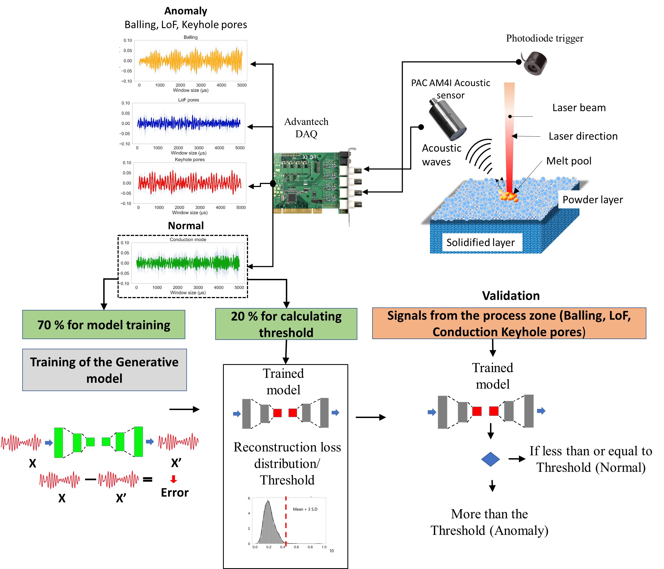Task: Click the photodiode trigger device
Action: point(535,63)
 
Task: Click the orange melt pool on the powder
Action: point(509,196)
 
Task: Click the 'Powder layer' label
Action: point(592,199)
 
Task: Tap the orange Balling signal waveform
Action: point(191,61)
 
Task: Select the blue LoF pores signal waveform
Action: point(189,123)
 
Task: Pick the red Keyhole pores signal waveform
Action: point(190,183)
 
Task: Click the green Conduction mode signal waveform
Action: point(188,263)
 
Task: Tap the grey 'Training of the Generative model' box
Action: point(104,370)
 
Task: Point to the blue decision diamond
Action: point(490,459)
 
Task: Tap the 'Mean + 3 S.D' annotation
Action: point(305,509)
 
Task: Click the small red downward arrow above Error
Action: point(173,479)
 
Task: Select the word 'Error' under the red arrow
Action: point(175,493)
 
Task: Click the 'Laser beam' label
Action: point(579,108)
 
